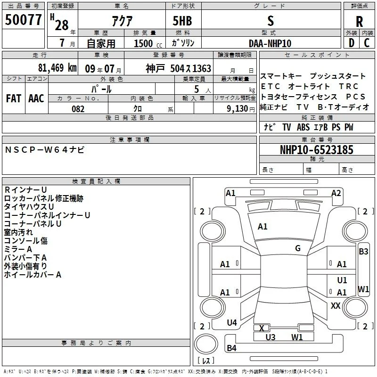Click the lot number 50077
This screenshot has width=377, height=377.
point(23,20)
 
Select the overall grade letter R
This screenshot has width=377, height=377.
point(359,22)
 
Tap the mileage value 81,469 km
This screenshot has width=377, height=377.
point(57,68)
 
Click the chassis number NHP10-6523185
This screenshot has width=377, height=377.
point(317,150)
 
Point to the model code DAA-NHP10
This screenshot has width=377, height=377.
point(270,43)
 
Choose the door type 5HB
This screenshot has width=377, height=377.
point(182,21)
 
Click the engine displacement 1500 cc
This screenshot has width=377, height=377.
point(148,43)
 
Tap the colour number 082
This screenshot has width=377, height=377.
point(78,109)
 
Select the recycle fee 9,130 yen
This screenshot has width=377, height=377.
point(241,109)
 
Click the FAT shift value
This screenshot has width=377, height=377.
point(14,98)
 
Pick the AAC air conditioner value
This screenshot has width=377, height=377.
point(36,98)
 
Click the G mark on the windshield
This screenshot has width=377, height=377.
point(298,248)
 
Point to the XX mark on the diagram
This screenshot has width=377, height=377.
point(336,305)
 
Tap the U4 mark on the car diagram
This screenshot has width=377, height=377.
point(232,323)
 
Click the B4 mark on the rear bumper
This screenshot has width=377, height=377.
point(231,348)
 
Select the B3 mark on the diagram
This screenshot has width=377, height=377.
point(363,252)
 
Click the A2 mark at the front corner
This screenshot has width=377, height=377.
point(336,193)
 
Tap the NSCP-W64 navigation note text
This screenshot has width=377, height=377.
point(45,150)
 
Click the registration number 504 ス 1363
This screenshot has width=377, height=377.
point(191,68)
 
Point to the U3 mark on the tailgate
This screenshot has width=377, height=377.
point(270,337)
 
